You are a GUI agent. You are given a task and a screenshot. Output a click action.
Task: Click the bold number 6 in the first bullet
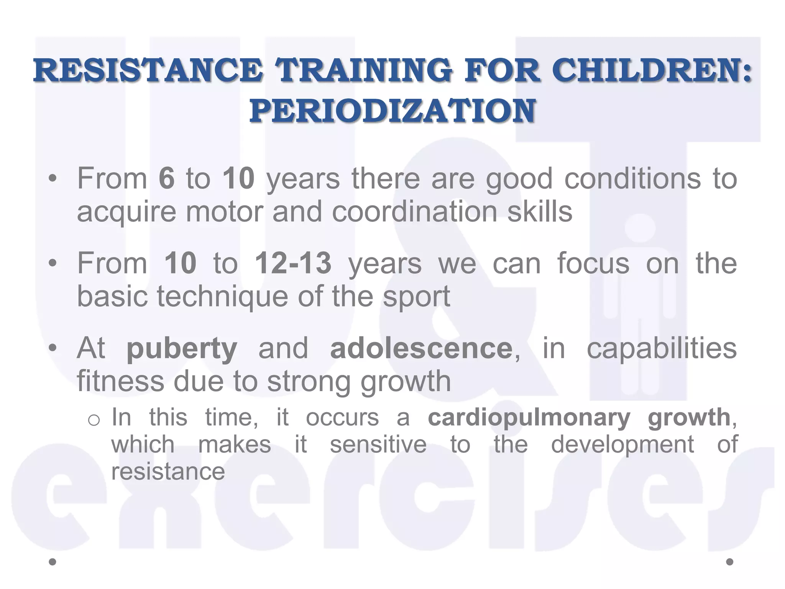(x=167, y=178)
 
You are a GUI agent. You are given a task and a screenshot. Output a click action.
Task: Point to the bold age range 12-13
(x=293, y=263)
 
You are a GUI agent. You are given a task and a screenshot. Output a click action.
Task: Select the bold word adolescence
(x=421, y=348)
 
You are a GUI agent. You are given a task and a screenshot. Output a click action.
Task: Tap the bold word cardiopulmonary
(x=529, y=418)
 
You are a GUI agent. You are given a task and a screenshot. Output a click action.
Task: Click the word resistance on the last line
(x=168, y=471)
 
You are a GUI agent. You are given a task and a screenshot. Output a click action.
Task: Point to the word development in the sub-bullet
(x=622, y=444)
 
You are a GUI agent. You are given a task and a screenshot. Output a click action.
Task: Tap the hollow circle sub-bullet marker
(x=94, y=420)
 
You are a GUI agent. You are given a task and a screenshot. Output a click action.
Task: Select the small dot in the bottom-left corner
(x=53, y=562)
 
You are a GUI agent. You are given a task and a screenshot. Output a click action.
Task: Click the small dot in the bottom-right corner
(x=730, y=562)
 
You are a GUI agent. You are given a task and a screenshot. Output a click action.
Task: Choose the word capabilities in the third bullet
(x=662, y=348)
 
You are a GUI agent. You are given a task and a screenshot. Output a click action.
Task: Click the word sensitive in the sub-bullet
(x=378, y=444)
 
